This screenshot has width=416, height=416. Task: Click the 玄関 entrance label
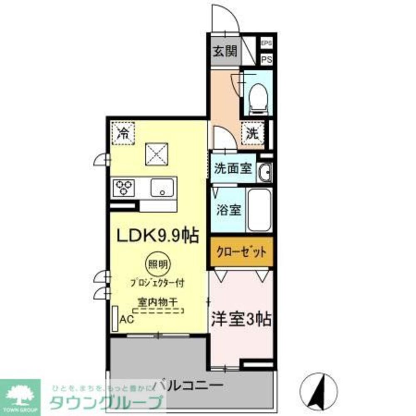point(225,52)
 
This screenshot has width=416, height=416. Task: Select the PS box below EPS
point(266,59)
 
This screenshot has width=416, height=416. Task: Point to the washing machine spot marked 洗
point(253,133)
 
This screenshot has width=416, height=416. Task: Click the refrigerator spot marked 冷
point(123,133)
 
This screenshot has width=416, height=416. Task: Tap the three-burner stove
point(124,188)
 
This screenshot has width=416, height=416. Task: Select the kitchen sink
point(163,188)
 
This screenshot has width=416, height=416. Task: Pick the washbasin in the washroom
point(264,172)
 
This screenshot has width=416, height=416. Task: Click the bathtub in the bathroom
point(259,210)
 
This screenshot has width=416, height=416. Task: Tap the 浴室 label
point(228,210)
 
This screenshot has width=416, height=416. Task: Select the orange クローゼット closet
point(241,252)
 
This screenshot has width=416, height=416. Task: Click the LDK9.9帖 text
point(157,236)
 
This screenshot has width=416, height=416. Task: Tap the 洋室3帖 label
point(242,319)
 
